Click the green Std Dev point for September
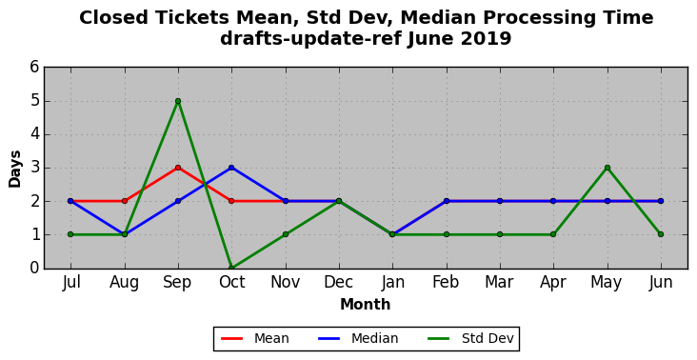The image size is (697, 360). [x=178, y=101]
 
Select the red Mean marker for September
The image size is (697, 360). [x=178, y=168]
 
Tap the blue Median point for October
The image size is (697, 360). [x=231, y=168]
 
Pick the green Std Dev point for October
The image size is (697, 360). [x=231, y=268]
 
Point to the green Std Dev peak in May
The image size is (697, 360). [x=607, y=168]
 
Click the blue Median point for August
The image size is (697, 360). [x=125, y=234]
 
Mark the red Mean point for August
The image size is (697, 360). [x=125, y=201]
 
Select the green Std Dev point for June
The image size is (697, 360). [x=661, y=234]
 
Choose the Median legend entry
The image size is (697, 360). [x=358, y=339]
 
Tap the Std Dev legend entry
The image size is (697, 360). [x=470, y=339]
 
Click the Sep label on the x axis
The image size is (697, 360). [x=177, y=283]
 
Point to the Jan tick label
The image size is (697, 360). [x=393, y=282]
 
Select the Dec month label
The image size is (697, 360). [x=339, y=282]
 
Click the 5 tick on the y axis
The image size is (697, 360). [x=34, y=101]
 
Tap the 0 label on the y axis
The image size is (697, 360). [x=34, y=268]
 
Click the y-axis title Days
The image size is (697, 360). [x=14, y=169]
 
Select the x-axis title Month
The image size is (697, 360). [x=366, y=305]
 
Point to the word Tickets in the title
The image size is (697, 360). [x=191, y=18]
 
